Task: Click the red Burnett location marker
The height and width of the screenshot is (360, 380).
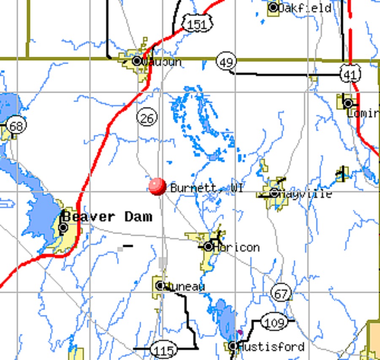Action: (x=157, y=186)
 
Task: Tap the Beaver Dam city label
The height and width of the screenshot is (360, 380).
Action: (x=107, y=217)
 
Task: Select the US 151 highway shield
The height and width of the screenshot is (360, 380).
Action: (x=197, y=25)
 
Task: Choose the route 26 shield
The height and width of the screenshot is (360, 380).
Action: (x=147, y=118)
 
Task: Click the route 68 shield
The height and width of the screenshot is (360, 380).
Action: (x=16, y=125)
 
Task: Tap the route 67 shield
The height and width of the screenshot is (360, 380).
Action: (x=281, y=293)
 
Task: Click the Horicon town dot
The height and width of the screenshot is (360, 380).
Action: (x=209, y=246)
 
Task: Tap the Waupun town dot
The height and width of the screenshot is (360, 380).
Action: (x=137, y=61)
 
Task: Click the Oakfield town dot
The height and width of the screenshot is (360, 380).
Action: (x=274, y=8)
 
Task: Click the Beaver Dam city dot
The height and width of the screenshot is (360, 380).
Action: (x=63, y=228)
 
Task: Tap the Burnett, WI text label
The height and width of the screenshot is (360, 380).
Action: (x=206, y=188)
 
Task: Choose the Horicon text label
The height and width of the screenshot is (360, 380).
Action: (x=236, y=247)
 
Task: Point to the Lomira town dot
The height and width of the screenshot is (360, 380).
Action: (x=348, y=103)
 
